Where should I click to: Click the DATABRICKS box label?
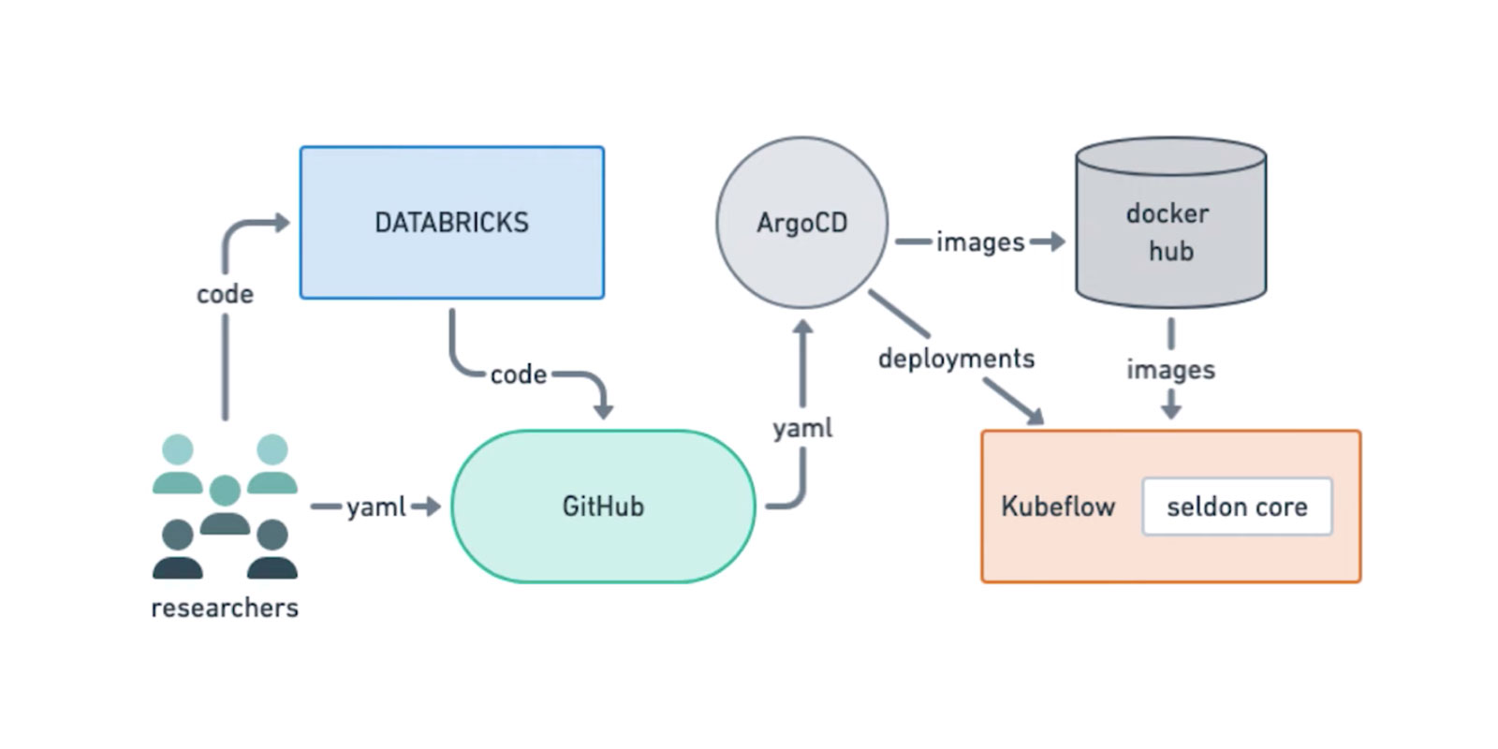451,223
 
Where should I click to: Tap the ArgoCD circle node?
801,223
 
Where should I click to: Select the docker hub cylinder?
1170,225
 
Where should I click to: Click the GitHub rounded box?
603,507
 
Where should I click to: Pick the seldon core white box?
1237,507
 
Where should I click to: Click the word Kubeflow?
1058,507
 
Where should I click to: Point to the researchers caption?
225,608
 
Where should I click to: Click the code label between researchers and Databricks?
225,294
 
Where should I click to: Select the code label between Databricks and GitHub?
518,374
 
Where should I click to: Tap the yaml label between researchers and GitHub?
375,507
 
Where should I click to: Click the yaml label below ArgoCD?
802,428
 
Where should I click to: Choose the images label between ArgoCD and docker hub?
979,242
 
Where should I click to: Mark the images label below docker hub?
1170,369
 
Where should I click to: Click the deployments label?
956,359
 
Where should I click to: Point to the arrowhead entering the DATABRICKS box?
280,223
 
